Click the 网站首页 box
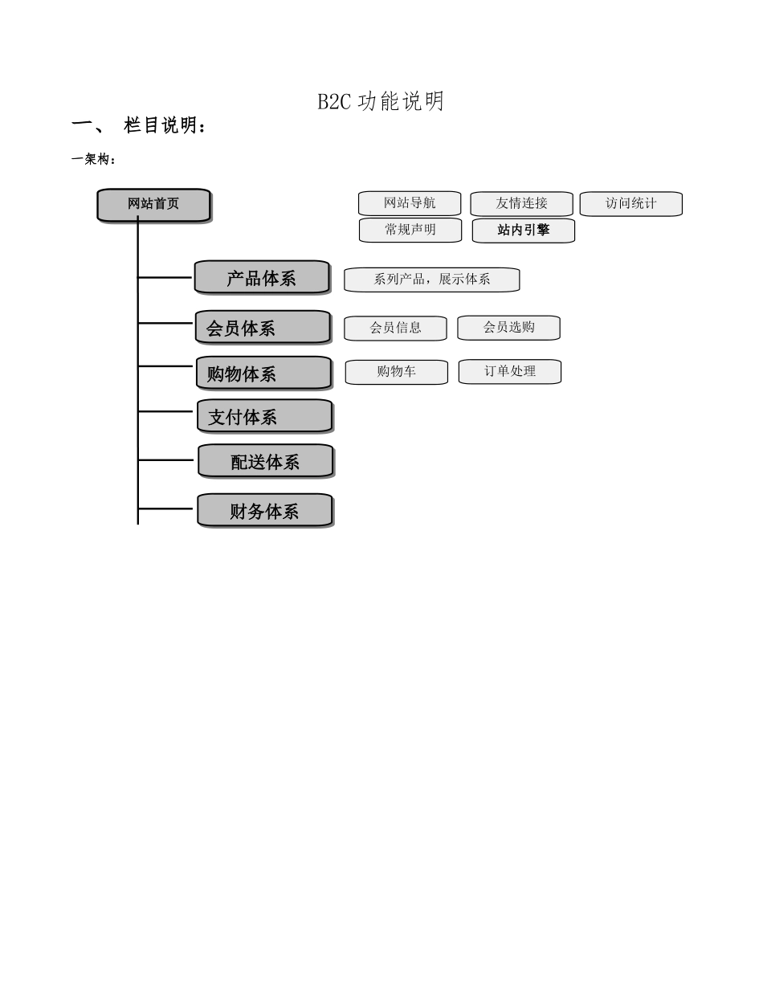click(x=153, y=205)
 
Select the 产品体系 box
click(x=262, y=278)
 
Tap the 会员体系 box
click(x=263, y=328)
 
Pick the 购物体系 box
click(x=263, y=374)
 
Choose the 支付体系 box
click(x=264, y=417)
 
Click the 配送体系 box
click(x=265, y=462)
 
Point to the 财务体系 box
click(x=264, y=511)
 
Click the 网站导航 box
click(x=410, y=204)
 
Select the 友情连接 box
click(x=521, y=204)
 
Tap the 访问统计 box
click(x=630, y=204)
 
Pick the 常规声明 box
click(x=410, y=230)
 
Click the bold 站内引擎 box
click(x=524, y=231)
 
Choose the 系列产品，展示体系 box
click(x=432, y=280)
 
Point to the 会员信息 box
click(x=395, y=328)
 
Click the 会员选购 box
click(x=508, y=328)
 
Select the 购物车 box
click(x=396, y=372)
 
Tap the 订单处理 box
click(x=509, y=372)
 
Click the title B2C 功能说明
click(x=381, y=102)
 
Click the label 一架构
click(x=94, y=159)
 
